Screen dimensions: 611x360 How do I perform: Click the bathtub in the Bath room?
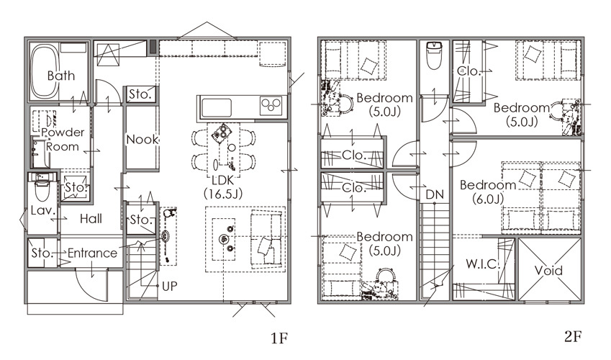(45, 73)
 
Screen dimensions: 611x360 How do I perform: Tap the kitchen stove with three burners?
(271, 106)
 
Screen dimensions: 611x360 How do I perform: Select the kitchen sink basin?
(217, 108)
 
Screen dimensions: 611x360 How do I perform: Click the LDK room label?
(223, 186)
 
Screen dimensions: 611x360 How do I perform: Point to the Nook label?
(142, 139)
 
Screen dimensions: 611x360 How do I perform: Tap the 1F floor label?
(279, 338)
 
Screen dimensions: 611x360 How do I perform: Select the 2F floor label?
(573, 336)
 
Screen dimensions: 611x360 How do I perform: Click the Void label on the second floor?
(548, 270)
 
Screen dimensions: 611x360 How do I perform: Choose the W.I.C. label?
(482, 264)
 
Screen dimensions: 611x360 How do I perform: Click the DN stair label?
(435, 194)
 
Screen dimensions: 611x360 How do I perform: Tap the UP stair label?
(170, 287)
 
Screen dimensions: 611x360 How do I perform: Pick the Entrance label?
(92, 253)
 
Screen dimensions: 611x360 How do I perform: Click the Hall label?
(91, 219)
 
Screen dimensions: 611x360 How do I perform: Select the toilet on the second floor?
(434, 55)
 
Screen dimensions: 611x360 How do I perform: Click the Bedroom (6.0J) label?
(488, 192)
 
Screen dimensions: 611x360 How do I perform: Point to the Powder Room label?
(63, 139)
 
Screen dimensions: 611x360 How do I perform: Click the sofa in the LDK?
(266, 239)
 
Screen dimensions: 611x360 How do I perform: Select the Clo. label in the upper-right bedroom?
(469, 71)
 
